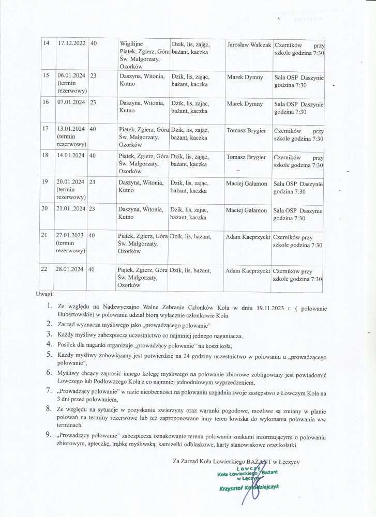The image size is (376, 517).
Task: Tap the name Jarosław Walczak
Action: pos(249,45)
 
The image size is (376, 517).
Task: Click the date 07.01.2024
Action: pos(71,103)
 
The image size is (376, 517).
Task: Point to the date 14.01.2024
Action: pos(71,157)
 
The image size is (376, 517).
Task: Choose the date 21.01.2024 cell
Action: pos(71,210)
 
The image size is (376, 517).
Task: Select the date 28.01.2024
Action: pos(71,270)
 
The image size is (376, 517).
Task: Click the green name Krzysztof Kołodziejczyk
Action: pos(250,488)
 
